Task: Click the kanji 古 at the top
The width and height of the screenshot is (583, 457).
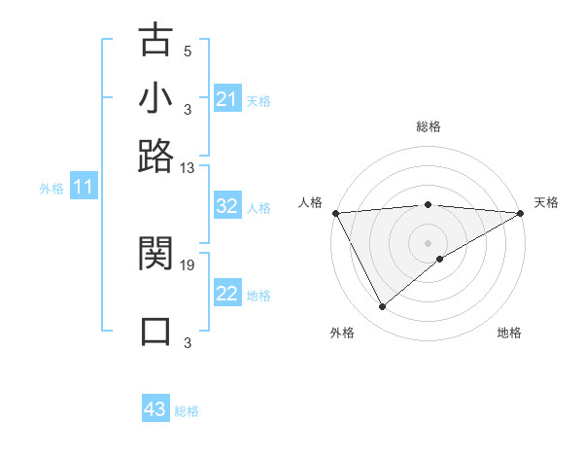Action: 155,42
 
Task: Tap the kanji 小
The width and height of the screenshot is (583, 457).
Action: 155,99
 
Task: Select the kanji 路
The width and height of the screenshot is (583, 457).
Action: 155,156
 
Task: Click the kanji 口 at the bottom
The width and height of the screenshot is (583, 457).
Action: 155,331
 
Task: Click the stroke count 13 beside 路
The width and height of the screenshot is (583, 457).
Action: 188,167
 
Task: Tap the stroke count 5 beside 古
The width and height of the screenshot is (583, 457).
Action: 188,52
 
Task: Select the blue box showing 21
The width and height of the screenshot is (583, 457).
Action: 226,99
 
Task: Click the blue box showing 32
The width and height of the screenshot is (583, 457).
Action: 226,206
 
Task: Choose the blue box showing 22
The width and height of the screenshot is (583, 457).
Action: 226,295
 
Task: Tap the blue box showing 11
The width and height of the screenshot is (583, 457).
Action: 83,187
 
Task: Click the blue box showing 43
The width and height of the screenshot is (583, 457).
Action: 155,409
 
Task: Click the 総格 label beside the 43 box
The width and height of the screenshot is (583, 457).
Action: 187,411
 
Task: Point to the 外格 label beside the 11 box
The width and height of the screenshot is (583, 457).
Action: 51,189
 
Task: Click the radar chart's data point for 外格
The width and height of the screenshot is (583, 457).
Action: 382,307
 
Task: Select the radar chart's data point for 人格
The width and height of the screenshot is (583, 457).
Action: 334,213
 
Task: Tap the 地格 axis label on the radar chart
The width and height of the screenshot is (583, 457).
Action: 509,334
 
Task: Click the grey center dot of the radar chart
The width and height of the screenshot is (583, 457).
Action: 428,242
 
